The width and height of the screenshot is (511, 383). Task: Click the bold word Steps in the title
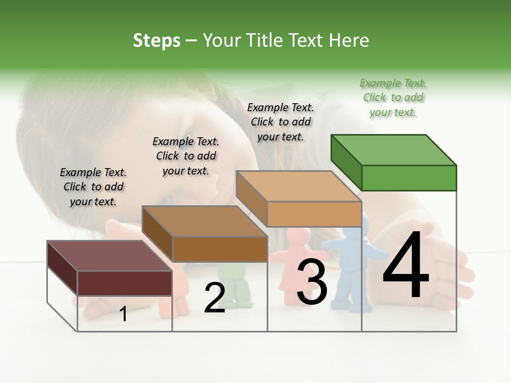156,40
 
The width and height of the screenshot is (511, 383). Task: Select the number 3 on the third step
311,281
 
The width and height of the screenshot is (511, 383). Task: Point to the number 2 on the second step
215,298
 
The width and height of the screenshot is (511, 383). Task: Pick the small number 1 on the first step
123,314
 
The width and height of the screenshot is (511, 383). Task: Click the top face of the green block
393,150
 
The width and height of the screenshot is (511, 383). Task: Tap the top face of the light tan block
299,186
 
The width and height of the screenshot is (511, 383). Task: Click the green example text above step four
393,97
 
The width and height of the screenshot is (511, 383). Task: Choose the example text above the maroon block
93,187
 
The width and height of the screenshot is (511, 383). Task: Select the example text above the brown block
186,156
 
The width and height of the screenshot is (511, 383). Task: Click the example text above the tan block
281,122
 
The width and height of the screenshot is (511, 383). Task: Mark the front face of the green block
409,178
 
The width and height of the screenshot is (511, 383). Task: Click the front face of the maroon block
125,283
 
